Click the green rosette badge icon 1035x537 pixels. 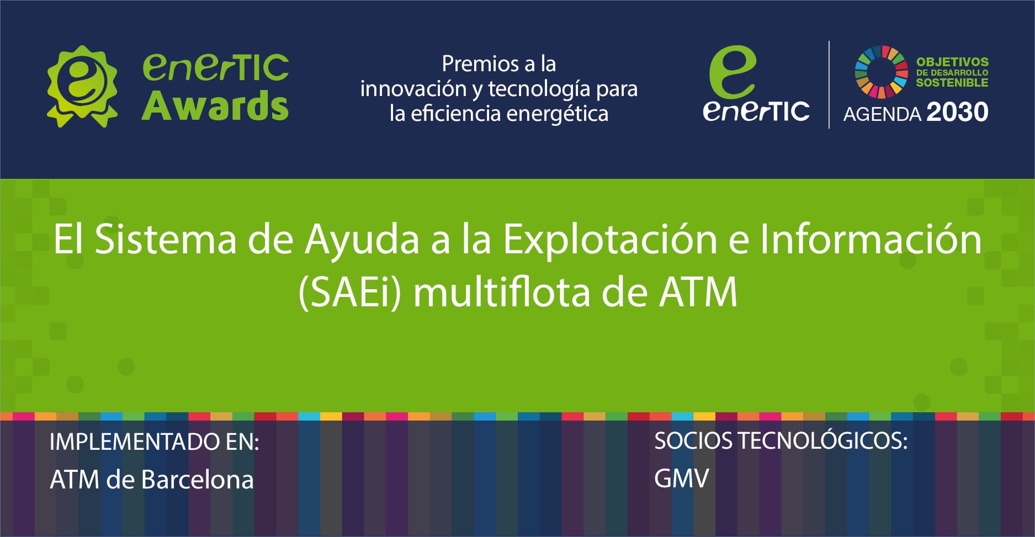pyautogui.click(x=82, y=86)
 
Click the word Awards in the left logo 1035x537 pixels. pyautogui.click(x=215, y=106)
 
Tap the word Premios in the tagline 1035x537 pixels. pyautogui.click(x=472, y=64)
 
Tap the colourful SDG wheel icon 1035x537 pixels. pyautogui.click(x=881, y=71)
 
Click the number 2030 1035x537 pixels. pyautogui.click(x=957, y=113)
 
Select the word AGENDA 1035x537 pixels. pyautogui.click(x=882, y=114)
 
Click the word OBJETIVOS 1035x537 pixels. pyautogui.click(x=952, y=62)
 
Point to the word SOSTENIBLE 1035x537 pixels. pyautogui.click(x=952, y=83)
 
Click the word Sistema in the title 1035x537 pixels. pyautogui.click(x=166, y=240)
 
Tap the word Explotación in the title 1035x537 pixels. pyautogui.click(x=609, y=240)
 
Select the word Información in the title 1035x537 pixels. pyautogui.click(x=871, y=240)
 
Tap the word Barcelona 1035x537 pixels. pyautogui.click(x=197, y=480)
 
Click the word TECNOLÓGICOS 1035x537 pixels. pyautogui.click(x=822, y=441)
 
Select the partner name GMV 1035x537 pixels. pyautogui.click(x=681, y=478)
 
